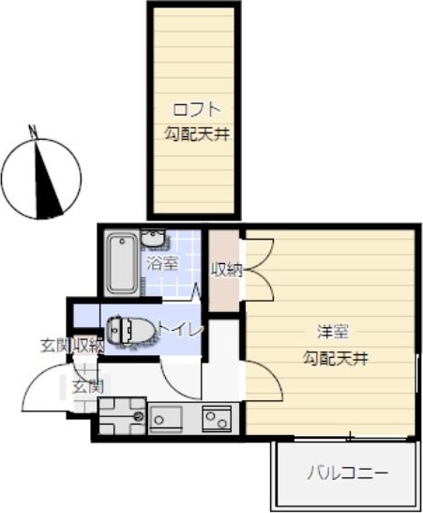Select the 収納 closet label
point(226,270)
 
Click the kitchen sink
point(170,416)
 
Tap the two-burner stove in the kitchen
point(218,416)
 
